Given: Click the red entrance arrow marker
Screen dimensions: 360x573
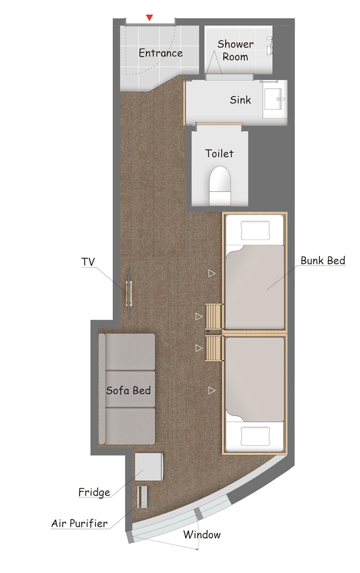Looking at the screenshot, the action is pos(149,17).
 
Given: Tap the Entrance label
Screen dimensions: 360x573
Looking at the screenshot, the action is pos(161,53).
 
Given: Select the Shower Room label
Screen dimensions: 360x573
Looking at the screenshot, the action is pos(235,50).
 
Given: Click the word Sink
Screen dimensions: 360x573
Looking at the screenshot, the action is pos(240,100).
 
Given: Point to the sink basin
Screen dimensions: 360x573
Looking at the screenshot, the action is pos(275,99).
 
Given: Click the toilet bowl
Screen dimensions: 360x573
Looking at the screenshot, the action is pos(220,185).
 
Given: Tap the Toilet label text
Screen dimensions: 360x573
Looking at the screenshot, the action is pos(220,153).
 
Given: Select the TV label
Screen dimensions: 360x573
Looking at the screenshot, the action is pos(88,262).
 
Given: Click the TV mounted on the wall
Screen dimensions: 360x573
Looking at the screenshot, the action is pos(129,293).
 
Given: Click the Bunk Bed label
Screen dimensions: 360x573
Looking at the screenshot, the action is pos(323,261).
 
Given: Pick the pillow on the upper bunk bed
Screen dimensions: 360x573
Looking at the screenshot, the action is pos(255,230).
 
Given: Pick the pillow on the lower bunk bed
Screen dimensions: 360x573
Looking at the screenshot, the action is pos(255,436).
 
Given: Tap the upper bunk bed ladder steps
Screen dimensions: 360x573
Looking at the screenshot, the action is pos(214,317).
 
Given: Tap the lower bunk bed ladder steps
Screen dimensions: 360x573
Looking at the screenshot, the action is pos(214,348).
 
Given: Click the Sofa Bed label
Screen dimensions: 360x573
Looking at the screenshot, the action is pos(128,390).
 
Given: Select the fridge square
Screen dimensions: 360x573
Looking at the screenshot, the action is pos(148,467).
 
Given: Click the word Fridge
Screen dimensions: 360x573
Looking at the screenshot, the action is pos(94,492).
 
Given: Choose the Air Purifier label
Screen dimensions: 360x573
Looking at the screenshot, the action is pos(79,523).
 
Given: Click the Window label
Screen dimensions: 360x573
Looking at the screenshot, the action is pos(202,535).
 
